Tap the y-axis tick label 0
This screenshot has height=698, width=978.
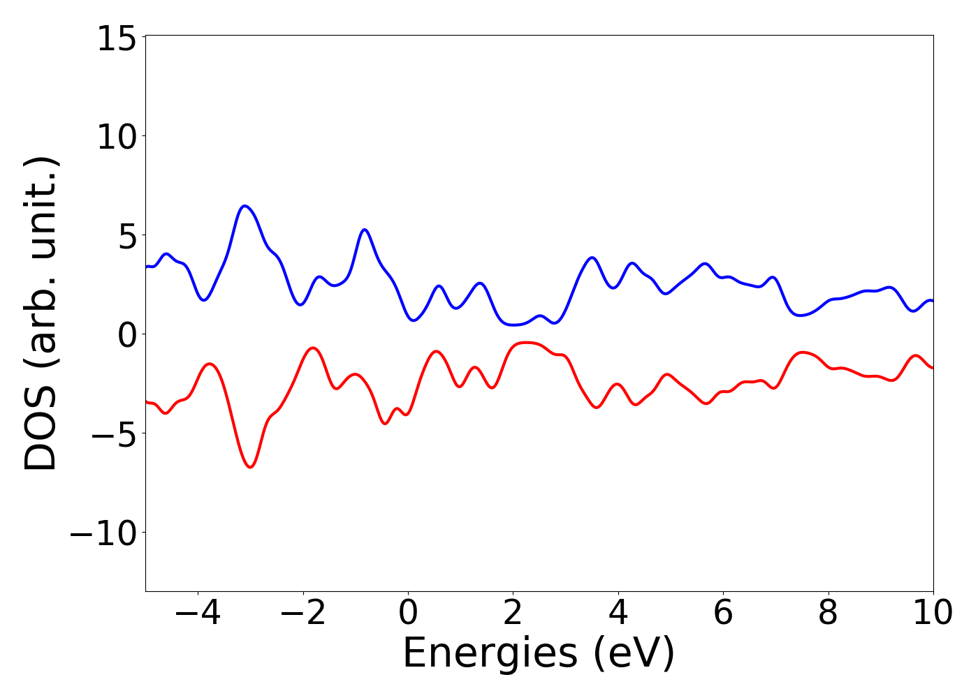pos(126,336)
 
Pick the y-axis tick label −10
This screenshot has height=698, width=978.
pos(101,534)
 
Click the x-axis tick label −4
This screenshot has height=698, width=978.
pos(197,614)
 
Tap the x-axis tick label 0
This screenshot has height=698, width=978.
pos(408,614)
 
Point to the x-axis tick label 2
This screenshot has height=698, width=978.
pos(513,614)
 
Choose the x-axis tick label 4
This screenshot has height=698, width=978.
pos(618,614)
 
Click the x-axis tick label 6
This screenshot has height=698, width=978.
pos(723,614)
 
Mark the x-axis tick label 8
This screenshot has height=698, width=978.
pos(828,614)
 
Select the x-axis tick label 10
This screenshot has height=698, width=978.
pos(932,614)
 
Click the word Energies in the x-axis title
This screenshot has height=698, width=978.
pos(490,655)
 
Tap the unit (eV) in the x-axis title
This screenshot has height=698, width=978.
pos(634,655)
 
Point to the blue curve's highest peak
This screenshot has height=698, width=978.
pos(245,206)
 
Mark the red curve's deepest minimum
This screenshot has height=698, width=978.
pos(251,467)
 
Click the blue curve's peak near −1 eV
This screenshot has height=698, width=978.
pos(364,230)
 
